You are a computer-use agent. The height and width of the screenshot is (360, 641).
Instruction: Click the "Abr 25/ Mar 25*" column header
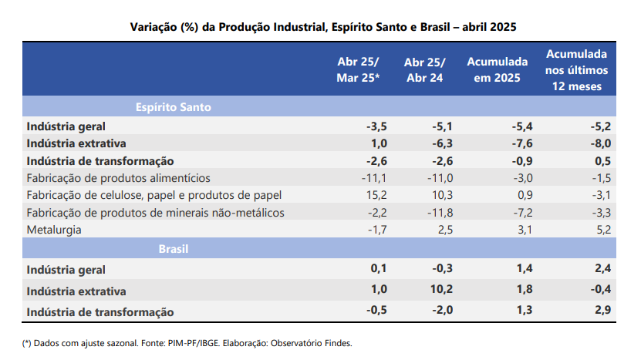tap(358, 69)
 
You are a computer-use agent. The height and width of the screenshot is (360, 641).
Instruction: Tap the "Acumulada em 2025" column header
tap(497, 69)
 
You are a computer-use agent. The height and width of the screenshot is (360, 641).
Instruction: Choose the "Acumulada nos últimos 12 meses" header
tap(576, 69)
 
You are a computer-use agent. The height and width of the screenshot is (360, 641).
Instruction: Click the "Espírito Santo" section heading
tap(174, 107)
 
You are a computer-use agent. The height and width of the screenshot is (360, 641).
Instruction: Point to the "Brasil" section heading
tap(174, 249)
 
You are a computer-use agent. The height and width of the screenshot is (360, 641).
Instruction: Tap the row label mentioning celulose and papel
tap(154, 195)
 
